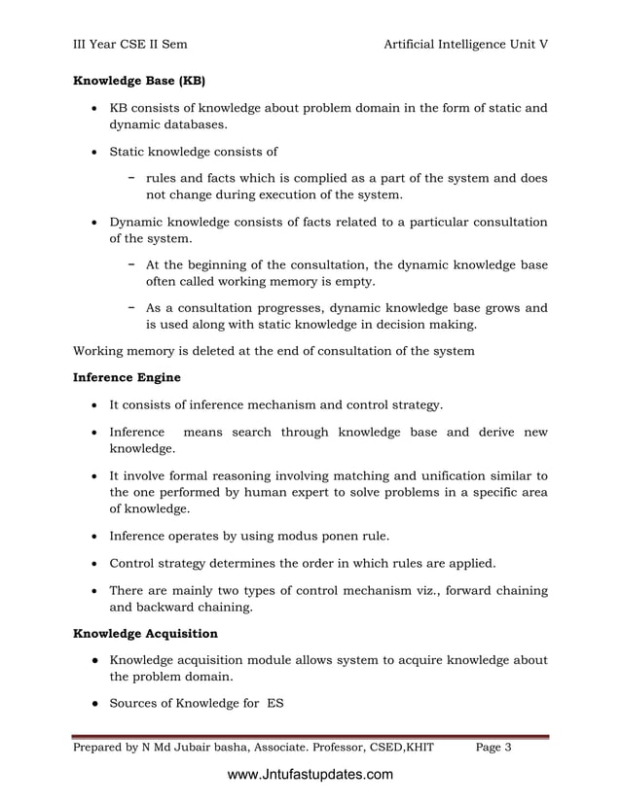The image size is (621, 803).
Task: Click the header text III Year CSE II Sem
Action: click(130, 44)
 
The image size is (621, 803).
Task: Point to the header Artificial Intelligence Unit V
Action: click(466, 44)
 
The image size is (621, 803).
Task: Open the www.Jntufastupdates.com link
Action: click(310, 775)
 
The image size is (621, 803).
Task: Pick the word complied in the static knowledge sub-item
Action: click(314, 178)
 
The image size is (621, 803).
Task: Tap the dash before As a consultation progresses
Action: click(131, 307)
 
